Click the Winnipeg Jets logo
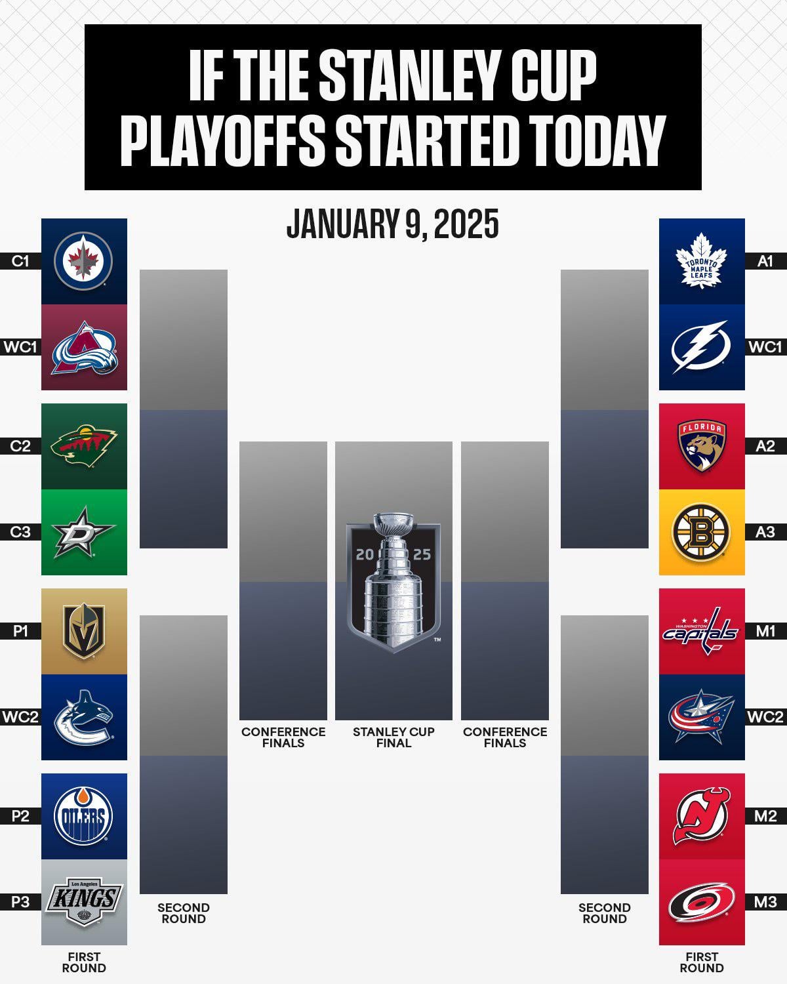tap(83, 261)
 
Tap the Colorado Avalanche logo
tap(84, 348)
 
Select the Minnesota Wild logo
tap(84, 446)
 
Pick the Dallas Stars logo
tap(83, 532)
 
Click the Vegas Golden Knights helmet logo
tap(84, 631)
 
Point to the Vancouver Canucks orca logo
tap(84, 718)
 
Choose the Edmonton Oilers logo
tap(83, 817)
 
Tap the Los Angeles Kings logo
tap(85, 902)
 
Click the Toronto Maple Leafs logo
tap(702, 260)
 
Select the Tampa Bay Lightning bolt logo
tap(700, 347)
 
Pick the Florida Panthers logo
tap(702, 446)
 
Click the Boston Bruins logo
tap(702, 532)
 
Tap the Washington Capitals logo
tap(700, 631)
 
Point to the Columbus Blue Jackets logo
tap(701, 718)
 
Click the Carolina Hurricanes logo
tap(702, 902)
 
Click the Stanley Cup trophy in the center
tap(393, 581)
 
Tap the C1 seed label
tap(20, 261)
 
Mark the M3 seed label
tap(766, 902)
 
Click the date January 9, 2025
tap(392, 224)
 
